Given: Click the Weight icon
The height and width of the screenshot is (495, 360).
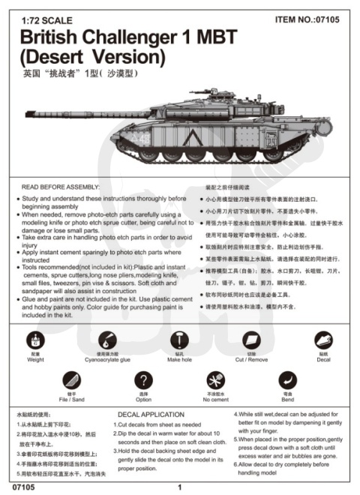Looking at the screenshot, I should [x=35, y=340].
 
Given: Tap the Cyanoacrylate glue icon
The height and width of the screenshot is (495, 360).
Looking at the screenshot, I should [x=106, y=340].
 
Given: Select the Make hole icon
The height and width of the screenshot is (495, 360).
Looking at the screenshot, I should [x=179, y=340].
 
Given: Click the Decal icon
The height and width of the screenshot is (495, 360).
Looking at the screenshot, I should [x=324, y=340].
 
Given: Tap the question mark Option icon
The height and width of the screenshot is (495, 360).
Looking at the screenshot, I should [x=143, y=379].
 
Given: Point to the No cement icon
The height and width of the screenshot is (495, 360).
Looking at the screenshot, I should [x=216, y=379].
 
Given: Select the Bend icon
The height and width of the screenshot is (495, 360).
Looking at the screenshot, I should [x=288, y=379].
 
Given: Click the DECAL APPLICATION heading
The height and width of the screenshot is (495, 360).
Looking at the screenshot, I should [x=151, y=413].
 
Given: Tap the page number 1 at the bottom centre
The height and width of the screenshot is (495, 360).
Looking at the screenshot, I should [x=180, y=487].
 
